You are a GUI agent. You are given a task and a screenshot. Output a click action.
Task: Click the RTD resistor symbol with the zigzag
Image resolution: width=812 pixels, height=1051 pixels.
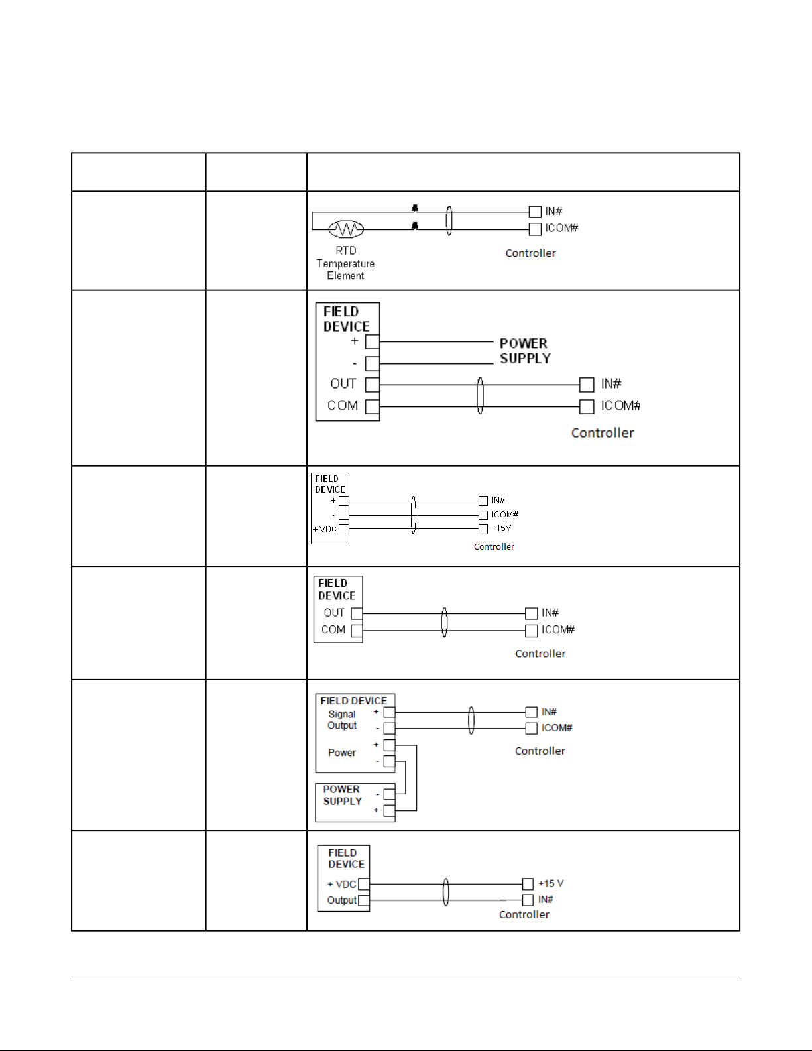pyautogui.click(x=346, y=229)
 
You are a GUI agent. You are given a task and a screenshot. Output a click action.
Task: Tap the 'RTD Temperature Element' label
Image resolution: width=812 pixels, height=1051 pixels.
pyautogui.click(x=345, y=263)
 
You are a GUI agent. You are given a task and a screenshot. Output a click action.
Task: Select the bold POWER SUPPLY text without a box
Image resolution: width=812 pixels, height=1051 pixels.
pyautogui.click(x=525, y=351)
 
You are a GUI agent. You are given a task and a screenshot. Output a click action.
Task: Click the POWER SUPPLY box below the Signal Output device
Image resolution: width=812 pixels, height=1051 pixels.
pyautogui.click(x=355, y=803)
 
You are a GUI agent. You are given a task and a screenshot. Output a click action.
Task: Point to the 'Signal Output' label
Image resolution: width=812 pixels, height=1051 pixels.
pyautogui.click(x=342, y=720)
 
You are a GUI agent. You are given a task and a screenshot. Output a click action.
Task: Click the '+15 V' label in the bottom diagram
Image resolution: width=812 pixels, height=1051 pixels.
pyautogui.click(x=551, y=883)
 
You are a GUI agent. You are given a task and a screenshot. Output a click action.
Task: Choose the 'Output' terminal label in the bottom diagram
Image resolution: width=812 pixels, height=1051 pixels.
pyautogui.click(x=341, y=900)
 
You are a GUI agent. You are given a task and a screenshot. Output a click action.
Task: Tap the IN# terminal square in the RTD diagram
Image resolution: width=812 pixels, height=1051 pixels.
pyautogui.click(x=535, y=212)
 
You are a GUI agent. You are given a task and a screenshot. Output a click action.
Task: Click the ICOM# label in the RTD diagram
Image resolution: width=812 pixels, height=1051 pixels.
pyautogui.click(x=561, y=228)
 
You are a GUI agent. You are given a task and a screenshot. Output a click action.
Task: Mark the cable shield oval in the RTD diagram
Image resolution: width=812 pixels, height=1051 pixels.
pyautogui.click(x=449, y=221)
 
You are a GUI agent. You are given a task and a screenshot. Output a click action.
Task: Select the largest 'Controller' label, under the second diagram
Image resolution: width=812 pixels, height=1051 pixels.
pyautogui.click(x=603, y=433)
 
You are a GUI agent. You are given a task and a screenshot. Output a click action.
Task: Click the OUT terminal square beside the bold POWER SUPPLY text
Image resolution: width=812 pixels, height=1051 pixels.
pyautogui.click(x=373, y=385)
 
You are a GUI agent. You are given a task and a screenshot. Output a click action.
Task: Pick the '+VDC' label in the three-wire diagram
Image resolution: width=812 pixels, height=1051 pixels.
pyautogui.click(x=325, y=529)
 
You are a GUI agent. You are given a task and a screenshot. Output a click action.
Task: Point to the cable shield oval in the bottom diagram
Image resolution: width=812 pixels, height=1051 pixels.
pyautogui.click(x=445, y=892)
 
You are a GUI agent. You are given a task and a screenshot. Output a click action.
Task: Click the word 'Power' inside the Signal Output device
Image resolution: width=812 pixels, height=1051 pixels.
pyautogui.click(x=342, y=753)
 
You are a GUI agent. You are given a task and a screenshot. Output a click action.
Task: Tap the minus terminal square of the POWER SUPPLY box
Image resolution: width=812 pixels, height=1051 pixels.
pyautogui.click(x=389, y=794)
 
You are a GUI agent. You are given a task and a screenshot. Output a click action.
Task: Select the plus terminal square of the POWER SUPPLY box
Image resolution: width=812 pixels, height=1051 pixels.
pyautogui.click(x=389, y=810)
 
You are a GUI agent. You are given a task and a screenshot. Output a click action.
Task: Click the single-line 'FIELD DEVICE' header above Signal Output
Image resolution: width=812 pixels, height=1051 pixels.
pyautogui.click(x=353, y=701)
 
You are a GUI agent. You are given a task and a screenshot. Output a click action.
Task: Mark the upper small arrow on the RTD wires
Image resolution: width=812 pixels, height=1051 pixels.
pyautogui.click(x=415, y=208)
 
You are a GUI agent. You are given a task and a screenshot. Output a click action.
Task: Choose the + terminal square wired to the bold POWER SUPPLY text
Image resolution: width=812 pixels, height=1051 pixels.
pyautogui.click(x=373, y=341)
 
